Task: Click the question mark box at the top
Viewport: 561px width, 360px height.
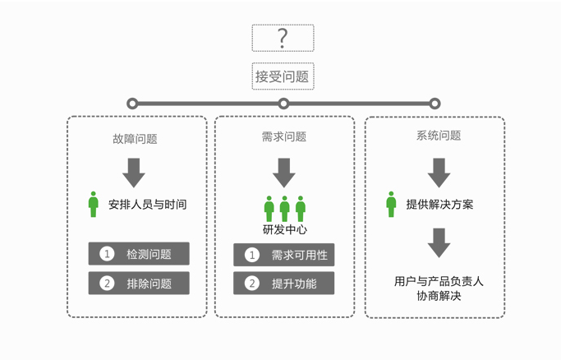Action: click(283, 38)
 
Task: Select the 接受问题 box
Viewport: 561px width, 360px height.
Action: click(283, 76)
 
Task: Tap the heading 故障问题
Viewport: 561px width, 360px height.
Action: click(135, 139)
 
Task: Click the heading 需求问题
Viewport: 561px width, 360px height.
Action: click(283, 136)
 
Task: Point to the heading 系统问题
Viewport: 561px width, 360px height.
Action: click(439, 136)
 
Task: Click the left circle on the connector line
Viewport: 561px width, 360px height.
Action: click(132, 104)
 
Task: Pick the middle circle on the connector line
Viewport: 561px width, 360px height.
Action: click(283, 104)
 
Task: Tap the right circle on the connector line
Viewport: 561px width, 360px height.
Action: click(435, 104)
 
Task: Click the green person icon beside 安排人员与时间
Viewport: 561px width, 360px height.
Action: click(94, 204)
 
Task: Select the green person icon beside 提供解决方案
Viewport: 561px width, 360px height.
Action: click(391, 204)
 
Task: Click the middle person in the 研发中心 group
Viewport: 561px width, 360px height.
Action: click(284, 209)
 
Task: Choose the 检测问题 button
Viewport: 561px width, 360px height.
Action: click(139, 254)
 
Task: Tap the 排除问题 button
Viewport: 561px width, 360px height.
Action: click(139, 284)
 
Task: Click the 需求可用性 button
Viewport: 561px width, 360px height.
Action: click(284, 256)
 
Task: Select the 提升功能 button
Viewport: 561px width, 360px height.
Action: click(284, 284)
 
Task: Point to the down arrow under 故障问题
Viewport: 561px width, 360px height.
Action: click(134, 172)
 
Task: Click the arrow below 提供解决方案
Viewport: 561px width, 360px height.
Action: click(439, 242)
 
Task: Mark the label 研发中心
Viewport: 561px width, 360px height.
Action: click(284, 229)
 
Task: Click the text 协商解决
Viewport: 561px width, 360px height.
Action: click(439, 296)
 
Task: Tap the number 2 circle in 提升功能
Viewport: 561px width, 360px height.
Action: click(252, 284)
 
